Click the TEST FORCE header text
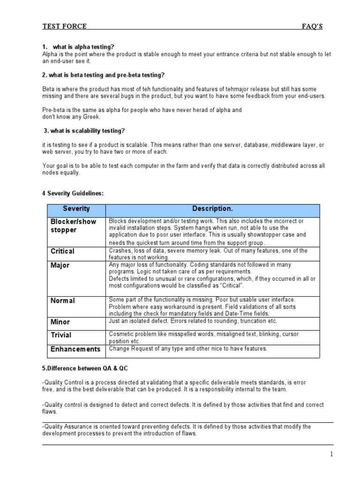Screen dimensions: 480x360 click(64, 26)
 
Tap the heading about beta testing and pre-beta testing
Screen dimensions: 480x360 click(104, 75)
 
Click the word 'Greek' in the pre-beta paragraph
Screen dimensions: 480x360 click(90, 117)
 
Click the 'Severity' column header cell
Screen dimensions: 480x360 click(76, 209)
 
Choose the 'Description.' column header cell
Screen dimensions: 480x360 click(212, 209)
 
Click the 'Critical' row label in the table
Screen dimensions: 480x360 click(62, 251)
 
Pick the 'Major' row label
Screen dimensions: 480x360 click(60, 265)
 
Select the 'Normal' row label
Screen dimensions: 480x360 click(62, 300)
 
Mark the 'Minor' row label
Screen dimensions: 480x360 click(60, 322)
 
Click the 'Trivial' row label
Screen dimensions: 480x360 click(61, 335)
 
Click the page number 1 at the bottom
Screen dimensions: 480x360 click(331, 454)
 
